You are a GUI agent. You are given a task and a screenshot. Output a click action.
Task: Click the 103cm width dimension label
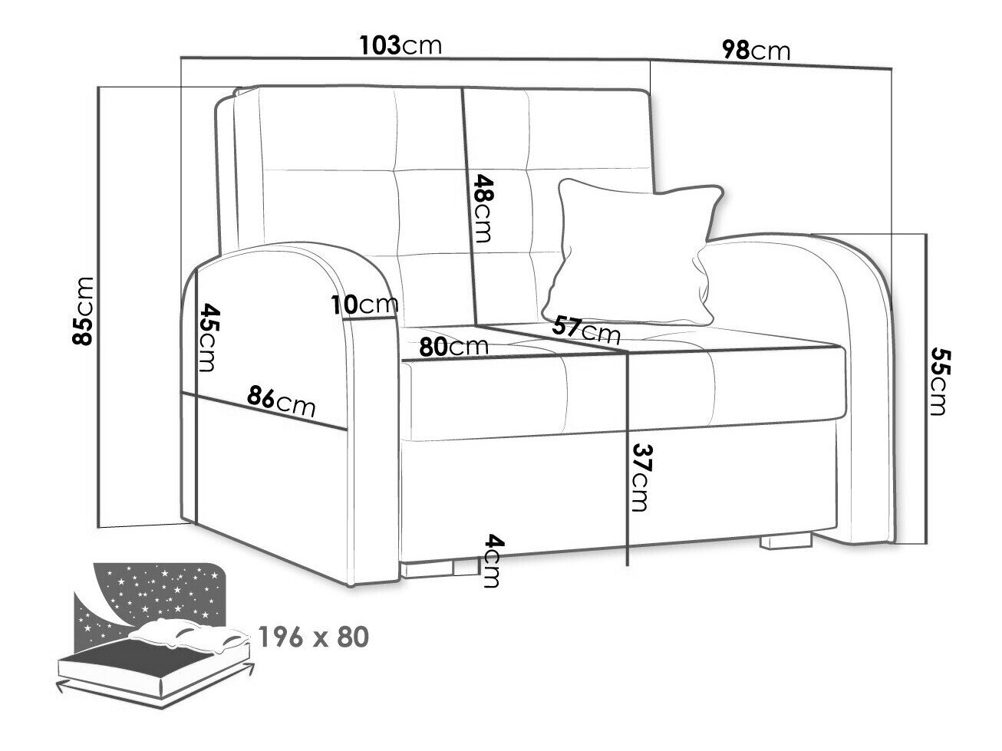(400, 44)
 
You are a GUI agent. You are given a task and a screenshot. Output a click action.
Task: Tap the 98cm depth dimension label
(756, 50)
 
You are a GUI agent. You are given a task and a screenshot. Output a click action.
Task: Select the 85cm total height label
(83, 311)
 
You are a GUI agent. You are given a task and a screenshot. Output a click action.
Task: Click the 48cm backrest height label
(483, 208)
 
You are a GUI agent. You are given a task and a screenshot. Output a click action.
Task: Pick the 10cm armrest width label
(364, 305)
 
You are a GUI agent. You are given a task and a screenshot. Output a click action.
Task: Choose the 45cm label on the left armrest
(207, 338)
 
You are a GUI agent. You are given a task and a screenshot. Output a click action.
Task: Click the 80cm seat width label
(453, 347)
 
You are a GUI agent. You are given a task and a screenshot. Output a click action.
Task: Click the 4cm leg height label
(493, 560)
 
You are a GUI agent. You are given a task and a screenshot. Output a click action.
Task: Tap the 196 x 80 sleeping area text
(314, 637)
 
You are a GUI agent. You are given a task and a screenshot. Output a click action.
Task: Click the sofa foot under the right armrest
(786, 541)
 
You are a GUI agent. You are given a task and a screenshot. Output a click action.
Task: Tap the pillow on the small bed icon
(188, 634)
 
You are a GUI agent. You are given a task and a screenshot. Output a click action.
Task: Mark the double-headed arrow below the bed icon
(154, 688)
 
